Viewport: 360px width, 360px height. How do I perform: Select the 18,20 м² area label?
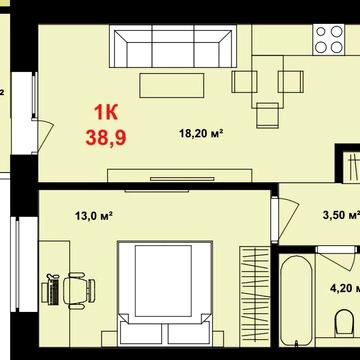click(200, 131)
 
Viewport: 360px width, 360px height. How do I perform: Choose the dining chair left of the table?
click(242, 80)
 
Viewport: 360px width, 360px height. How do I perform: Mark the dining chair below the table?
click(266, 113)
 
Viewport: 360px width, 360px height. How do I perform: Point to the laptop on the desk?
click(49, 291)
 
